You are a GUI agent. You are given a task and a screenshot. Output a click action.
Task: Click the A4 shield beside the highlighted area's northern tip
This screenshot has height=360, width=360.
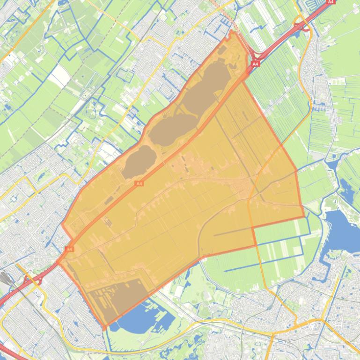click(255, 64)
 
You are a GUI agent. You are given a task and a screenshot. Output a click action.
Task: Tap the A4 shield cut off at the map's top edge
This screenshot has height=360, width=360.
click(331, 2)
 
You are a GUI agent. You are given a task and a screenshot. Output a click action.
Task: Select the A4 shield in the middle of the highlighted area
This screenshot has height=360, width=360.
click(139, 184)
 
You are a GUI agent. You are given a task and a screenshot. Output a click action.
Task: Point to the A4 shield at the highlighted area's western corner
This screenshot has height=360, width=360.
click(69, 249)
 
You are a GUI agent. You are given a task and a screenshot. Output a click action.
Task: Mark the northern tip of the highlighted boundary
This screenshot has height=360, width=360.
click(232, 31)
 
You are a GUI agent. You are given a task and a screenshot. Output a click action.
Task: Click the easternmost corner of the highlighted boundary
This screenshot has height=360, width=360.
click(304, 218)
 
